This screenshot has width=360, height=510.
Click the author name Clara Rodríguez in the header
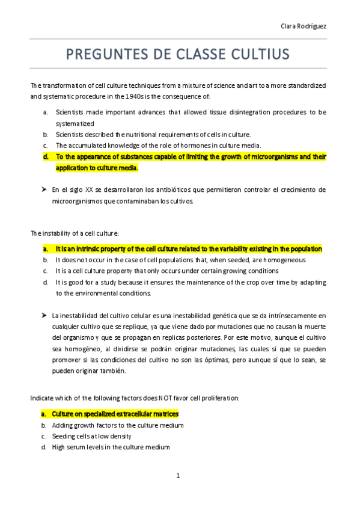click(x=304, y=26)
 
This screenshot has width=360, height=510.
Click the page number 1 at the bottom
click(x=178, y=476)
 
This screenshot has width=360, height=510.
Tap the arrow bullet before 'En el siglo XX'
click(x=44, y=189)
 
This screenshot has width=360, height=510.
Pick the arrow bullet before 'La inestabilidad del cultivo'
click(x=44, y=315)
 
